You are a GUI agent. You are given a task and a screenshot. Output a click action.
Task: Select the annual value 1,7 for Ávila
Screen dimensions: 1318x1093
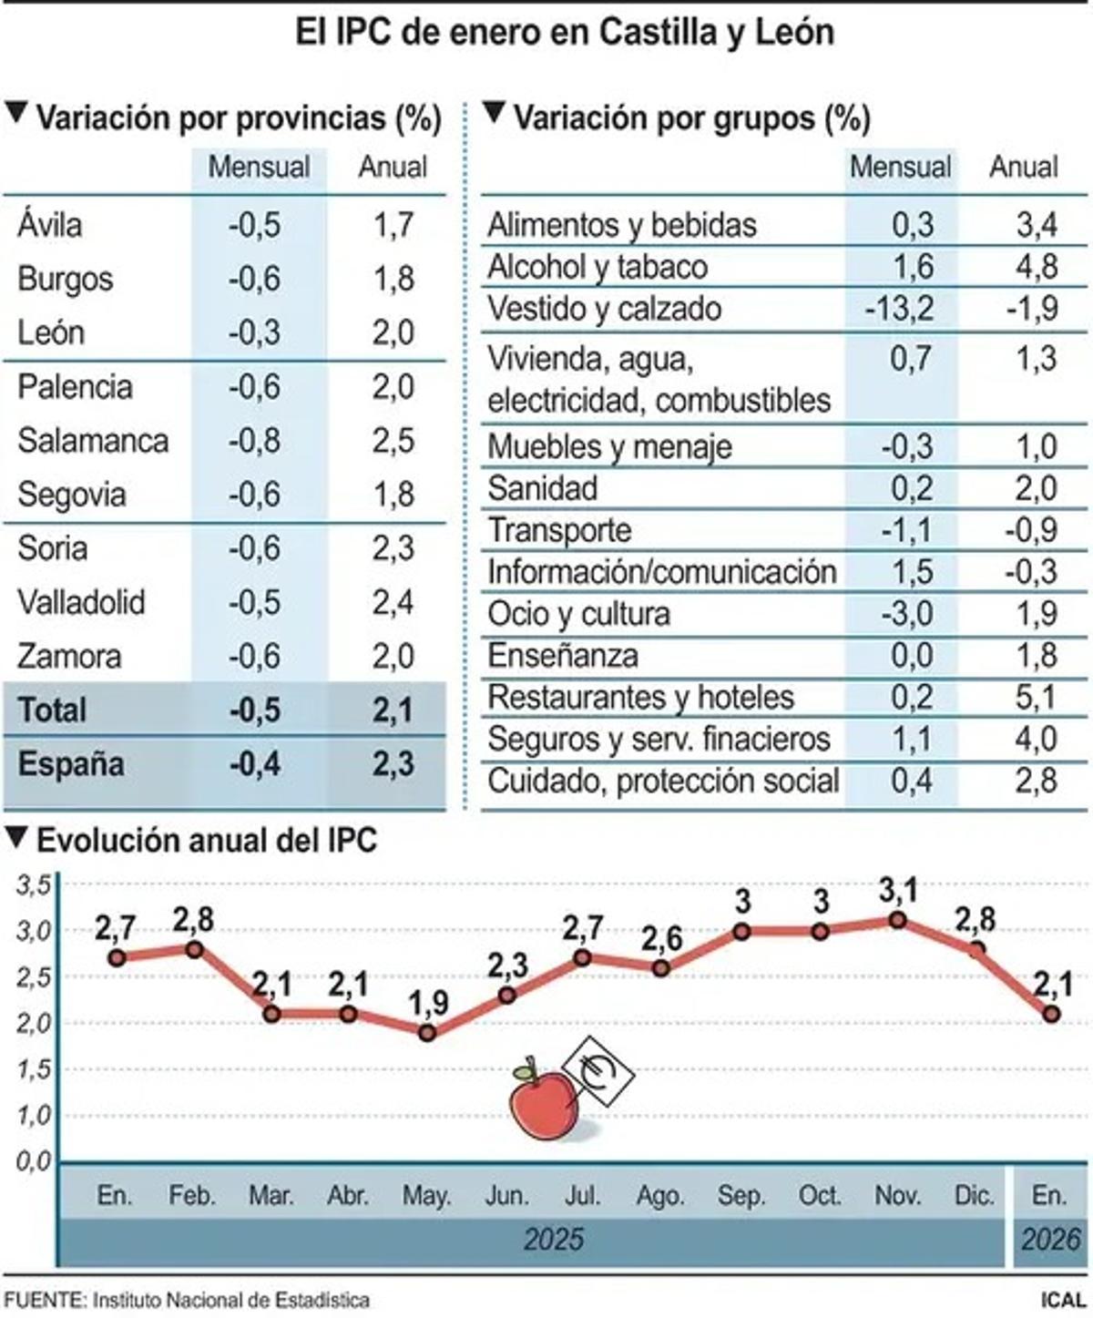(393, 225)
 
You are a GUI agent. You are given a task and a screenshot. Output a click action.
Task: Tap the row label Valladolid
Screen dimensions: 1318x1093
(81, 602)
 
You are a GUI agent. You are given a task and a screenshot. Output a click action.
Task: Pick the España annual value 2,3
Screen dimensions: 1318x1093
(393, 763)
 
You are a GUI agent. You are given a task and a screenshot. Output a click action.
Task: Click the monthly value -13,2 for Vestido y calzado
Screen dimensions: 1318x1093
(900, 309)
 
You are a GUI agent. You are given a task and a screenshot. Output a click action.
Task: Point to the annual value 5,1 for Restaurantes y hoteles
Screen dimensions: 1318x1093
(1037, 698)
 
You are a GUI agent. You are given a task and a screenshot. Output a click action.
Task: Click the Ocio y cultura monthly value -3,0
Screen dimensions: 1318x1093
(907, 614)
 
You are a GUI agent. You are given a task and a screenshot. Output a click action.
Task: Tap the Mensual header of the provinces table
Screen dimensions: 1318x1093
(259, 168)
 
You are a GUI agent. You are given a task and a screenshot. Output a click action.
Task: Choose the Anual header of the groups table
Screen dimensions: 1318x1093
(1024, 168)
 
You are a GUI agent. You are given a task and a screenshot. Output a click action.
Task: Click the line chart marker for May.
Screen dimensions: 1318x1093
(427, 1034)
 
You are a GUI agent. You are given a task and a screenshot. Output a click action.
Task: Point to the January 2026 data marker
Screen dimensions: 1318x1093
(1051, 1014)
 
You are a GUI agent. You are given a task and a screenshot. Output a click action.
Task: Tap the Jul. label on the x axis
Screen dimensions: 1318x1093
(582, 1195)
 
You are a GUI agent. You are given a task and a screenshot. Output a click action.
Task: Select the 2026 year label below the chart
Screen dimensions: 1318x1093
(1051, 1239)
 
